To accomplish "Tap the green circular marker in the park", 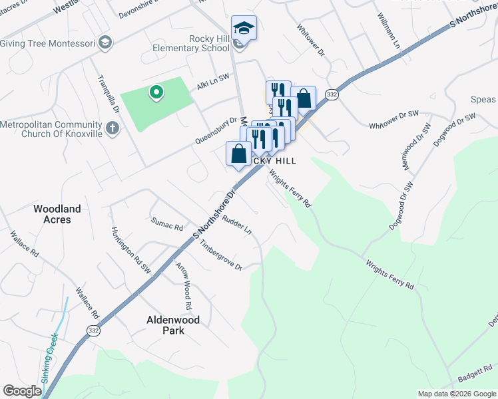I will click(x=156, y=92).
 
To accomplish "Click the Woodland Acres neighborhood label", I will click(x=57, y=214).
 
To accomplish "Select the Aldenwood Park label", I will click(x=172, y=325).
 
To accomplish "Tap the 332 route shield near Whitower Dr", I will click(x=331, y=96).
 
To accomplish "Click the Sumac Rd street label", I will click(x=166, y=223).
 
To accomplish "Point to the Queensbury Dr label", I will click(x=216, y=131).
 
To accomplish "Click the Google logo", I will click(x=22, y=391).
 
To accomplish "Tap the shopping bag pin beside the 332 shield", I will click(x=303, y=99).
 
